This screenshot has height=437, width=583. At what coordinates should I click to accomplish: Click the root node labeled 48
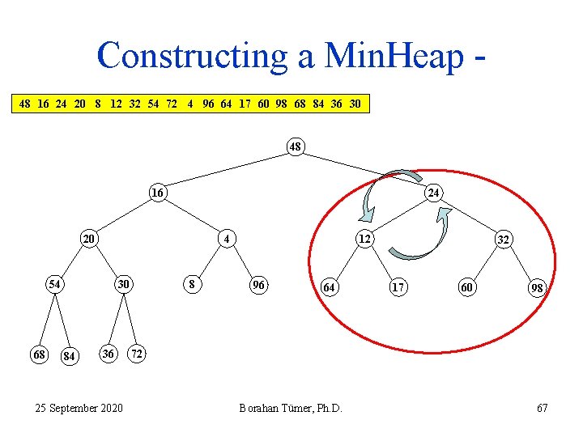[296, 147]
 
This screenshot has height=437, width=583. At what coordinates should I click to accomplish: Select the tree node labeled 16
[158, 193]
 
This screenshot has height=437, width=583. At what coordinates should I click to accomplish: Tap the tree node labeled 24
[434, 193]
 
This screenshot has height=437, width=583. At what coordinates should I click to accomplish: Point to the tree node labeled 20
[89, 239]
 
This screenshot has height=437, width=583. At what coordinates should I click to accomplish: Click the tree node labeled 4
[228, 239]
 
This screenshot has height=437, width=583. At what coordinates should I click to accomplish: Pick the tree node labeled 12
[365, 238]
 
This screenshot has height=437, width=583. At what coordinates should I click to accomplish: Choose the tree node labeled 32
[503, 240]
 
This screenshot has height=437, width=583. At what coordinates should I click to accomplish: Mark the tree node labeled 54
[54, 285]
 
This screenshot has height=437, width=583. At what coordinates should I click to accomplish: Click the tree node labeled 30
[123, 285]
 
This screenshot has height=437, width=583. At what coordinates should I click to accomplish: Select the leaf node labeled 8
[191, 285]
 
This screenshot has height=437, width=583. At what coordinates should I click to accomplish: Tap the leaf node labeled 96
[259, 285]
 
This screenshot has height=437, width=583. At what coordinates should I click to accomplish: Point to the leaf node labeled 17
[397, 286]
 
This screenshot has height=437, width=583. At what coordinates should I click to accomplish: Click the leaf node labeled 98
[536, 288]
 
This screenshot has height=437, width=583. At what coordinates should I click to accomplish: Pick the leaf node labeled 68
[38, 354]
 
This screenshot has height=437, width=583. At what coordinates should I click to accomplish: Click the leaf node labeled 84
[70, 357]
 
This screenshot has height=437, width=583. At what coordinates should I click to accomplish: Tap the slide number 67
[542, 407]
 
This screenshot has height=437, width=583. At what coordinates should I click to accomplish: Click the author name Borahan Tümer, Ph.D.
[291, 407]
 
